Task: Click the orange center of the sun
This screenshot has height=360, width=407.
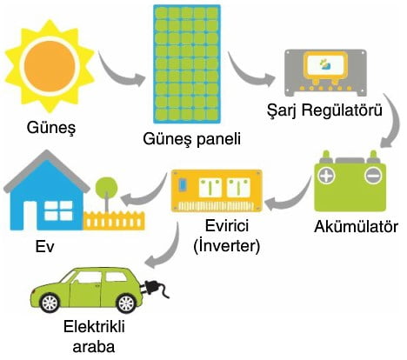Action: [x=50, y=66]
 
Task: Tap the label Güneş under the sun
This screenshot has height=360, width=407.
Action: [x=51, y=128]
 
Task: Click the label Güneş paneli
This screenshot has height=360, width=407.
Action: [x=191, y=139]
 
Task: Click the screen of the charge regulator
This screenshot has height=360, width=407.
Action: [x=325, y=65]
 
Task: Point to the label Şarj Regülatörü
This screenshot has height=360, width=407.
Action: [x=324, y=110]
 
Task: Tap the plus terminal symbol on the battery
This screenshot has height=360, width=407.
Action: [x=327, y=176]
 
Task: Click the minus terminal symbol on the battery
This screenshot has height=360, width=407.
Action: [x=372, y=176]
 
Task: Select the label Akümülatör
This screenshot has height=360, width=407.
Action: [x=356, y=227]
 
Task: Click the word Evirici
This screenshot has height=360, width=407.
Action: [x=226, y=225]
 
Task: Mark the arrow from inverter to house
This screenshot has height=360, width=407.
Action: [x=145, y=193]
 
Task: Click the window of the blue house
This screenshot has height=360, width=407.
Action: [x=58, y=210]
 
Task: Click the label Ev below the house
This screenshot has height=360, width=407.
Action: [x=44, y=247]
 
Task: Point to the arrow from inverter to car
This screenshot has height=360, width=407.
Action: [x=165, y=246]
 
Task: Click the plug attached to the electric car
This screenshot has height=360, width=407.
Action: [x=155, y=288]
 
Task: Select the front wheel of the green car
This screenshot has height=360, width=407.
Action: [x=127, y=303]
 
